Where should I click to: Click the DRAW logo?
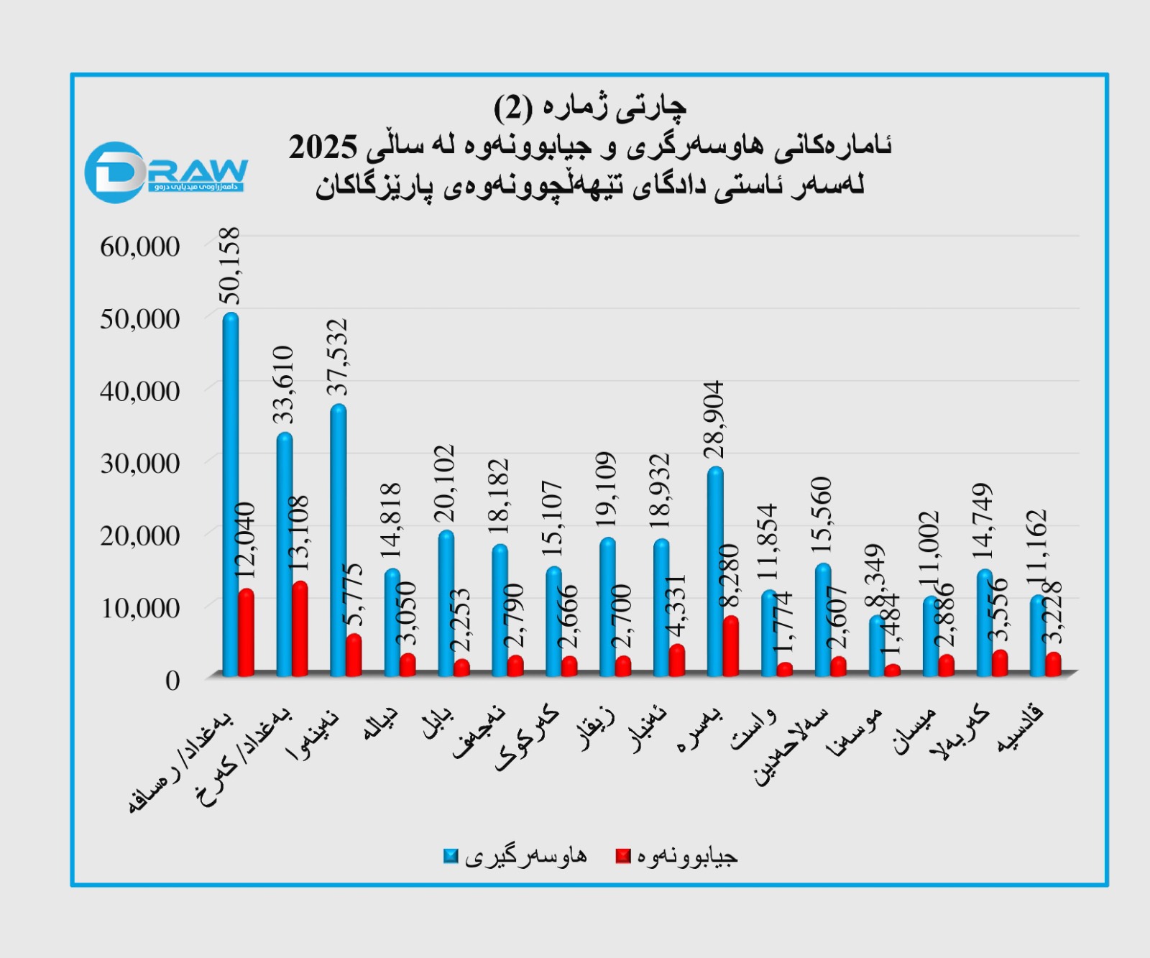pos(165,172)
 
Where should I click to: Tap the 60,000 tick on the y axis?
pos(140,247)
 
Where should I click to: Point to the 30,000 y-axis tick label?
pos(140,464)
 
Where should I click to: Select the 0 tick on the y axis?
pos(172,680)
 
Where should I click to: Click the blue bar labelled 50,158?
pos(231,496)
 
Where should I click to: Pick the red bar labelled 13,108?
pos(300,630)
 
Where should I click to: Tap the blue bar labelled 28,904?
pos(715,572)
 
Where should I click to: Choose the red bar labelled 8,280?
pos(731,646)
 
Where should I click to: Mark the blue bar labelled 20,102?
pos(446,604)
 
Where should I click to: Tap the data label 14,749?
pos(984,521)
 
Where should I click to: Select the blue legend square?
pos(451,856)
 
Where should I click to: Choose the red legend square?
pos(623,856)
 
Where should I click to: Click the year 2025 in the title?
pos(323,147)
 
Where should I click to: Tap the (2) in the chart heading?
pos(513,109)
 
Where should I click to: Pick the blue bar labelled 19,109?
pos(607,607)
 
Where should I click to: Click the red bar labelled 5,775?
pos(354,655)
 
